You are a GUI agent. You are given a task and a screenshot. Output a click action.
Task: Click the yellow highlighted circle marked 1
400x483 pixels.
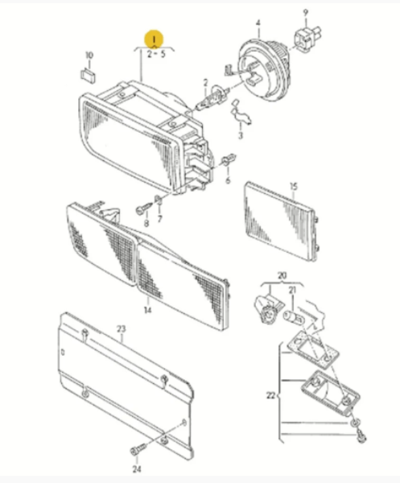154,39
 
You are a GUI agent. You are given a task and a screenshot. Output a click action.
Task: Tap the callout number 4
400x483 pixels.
258,23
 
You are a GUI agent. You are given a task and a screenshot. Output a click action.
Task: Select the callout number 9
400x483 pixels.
305,13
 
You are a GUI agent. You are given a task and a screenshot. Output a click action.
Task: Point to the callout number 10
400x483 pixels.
89,56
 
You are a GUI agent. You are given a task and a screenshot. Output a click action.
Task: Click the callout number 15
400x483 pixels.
294,187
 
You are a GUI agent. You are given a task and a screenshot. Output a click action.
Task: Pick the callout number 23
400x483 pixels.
122,329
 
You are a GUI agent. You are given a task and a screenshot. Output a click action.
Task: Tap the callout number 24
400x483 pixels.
137,469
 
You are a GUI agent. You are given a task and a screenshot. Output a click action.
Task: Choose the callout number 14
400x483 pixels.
148,310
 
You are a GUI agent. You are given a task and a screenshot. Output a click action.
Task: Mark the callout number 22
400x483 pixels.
270,395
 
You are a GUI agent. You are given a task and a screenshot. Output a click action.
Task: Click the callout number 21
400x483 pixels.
292,290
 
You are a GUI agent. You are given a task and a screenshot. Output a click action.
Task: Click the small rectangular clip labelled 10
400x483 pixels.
88,76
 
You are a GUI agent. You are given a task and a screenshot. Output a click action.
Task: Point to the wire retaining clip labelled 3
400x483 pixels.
241,114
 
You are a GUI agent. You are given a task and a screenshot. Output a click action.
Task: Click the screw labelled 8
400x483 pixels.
144,208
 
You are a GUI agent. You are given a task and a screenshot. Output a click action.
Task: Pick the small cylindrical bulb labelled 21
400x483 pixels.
294,318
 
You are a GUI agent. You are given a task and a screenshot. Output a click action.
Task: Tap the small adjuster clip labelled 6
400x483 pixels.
229,160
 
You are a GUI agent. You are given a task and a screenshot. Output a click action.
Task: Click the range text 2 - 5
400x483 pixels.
156,55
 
